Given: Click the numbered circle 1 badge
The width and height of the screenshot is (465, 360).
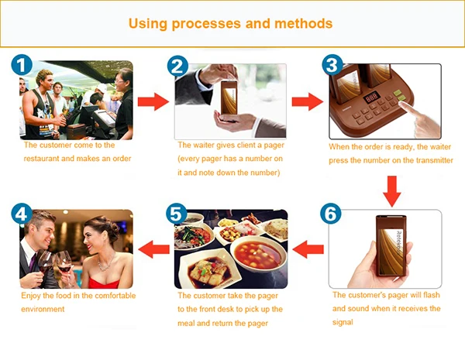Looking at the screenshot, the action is point(22,64).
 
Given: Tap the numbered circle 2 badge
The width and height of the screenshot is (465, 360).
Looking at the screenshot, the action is point(177,67).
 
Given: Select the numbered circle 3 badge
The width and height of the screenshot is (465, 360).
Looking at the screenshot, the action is point(332,65).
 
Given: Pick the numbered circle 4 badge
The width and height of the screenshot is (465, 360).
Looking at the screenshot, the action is point(22,214).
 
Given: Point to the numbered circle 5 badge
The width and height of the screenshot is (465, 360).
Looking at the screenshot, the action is point(177,214).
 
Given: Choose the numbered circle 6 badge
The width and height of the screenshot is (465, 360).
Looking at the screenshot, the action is point(331,214).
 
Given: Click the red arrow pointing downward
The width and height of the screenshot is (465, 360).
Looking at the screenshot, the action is point(391,191).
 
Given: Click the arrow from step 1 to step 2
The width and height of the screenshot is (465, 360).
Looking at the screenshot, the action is point(153,101).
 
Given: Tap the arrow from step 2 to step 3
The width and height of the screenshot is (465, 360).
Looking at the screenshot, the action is point(308,101).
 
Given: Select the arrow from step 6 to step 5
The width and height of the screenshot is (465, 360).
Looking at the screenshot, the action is point(308,249).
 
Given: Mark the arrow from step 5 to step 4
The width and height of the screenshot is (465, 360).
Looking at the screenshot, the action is point(153,249).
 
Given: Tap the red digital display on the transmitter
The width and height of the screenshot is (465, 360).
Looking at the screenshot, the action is point(371,98).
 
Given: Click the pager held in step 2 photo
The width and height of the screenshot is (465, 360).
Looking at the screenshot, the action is point(229,98).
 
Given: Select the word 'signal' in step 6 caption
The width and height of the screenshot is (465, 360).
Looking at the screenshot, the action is point(343,322).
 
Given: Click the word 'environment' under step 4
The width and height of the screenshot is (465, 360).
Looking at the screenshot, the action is point(43,309).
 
